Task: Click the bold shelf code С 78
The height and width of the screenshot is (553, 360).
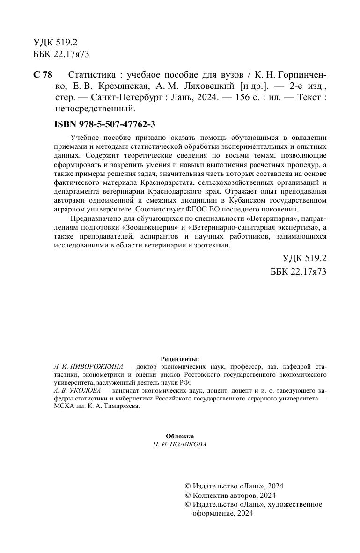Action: pos(43,75)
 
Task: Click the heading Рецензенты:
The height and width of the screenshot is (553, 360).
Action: pos(180,358)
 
